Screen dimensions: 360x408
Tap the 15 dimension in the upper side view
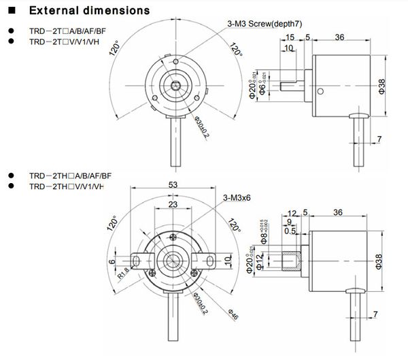[290, 37]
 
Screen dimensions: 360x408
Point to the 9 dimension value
[290, 222]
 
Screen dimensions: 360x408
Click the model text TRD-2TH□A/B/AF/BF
[70, 176]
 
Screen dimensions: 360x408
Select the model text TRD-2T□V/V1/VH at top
[67, 42]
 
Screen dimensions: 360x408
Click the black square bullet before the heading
[11, 11]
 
